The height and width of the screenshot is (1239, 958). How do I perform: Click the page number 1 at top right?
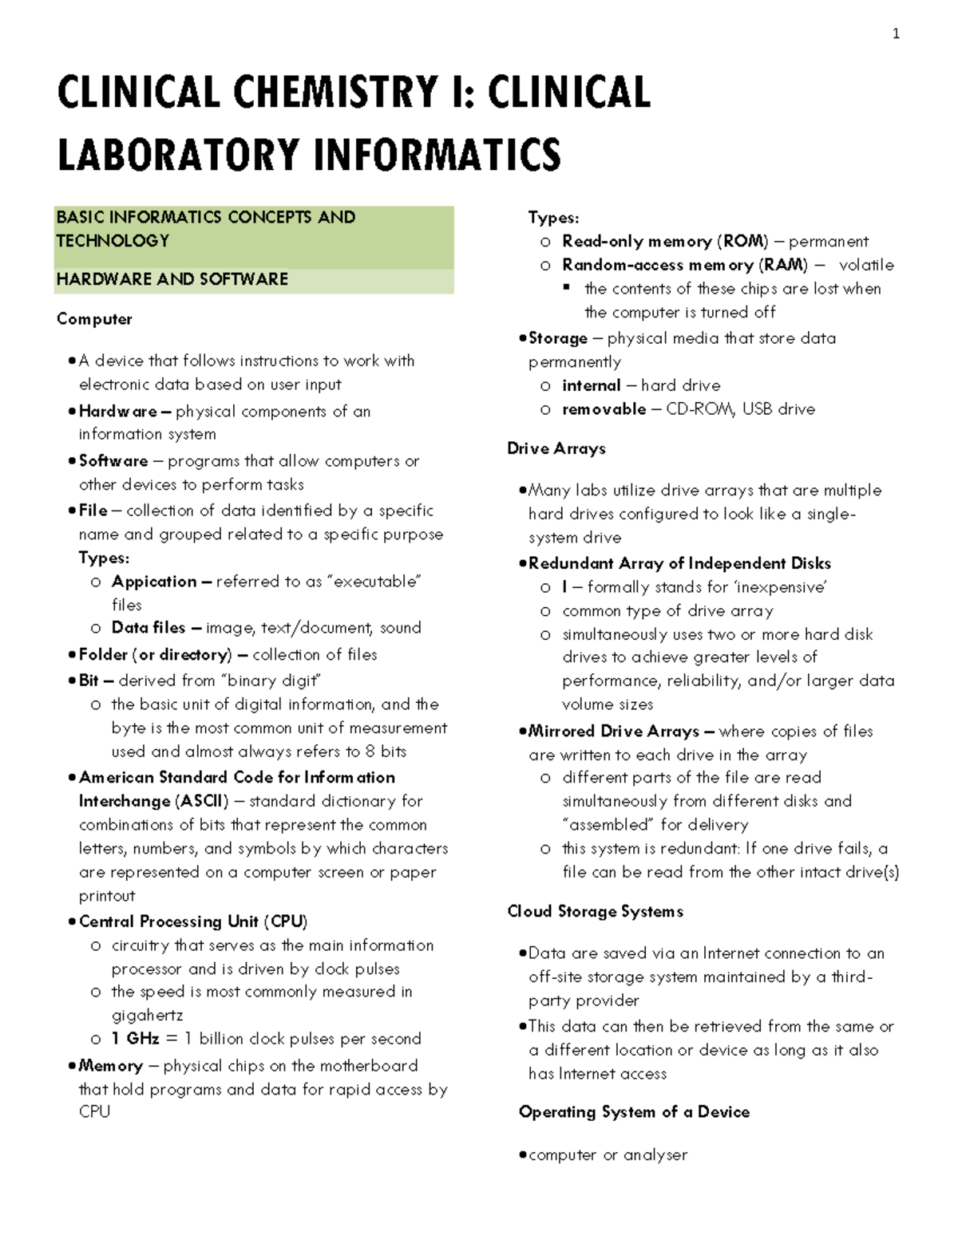[896, 34]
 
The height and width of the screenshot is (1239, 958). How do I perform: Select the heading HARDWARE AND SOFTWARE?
[172, 279]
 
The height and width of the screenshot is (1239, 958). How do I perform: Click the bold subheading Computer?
[94, 319]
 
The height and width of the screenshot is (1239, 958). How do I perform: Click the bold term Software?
[113, 461]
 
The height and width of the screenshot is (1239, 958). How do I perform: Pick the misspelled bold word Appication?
[154, 582]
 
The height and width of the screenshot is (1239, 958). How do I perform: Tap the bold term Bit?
[89, 681]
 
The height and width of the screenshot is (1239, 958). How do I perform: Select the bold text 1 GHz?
[135, 1039]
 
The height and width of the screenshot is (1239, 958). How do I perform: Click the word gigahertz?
[147, 1016]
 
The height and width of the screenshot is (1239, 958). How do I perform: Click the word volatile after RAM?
[866, 265]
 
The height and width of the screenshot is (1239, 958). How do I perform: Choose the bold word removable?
[604, 409]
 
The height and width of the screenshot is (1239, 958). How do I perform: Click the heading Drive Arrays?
[556, 448]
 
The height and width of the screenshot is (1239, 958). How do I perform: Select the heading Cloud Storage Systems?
[596, 911]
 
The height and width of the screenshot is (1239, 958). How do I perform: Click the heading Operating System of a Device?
[634, 1112]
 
